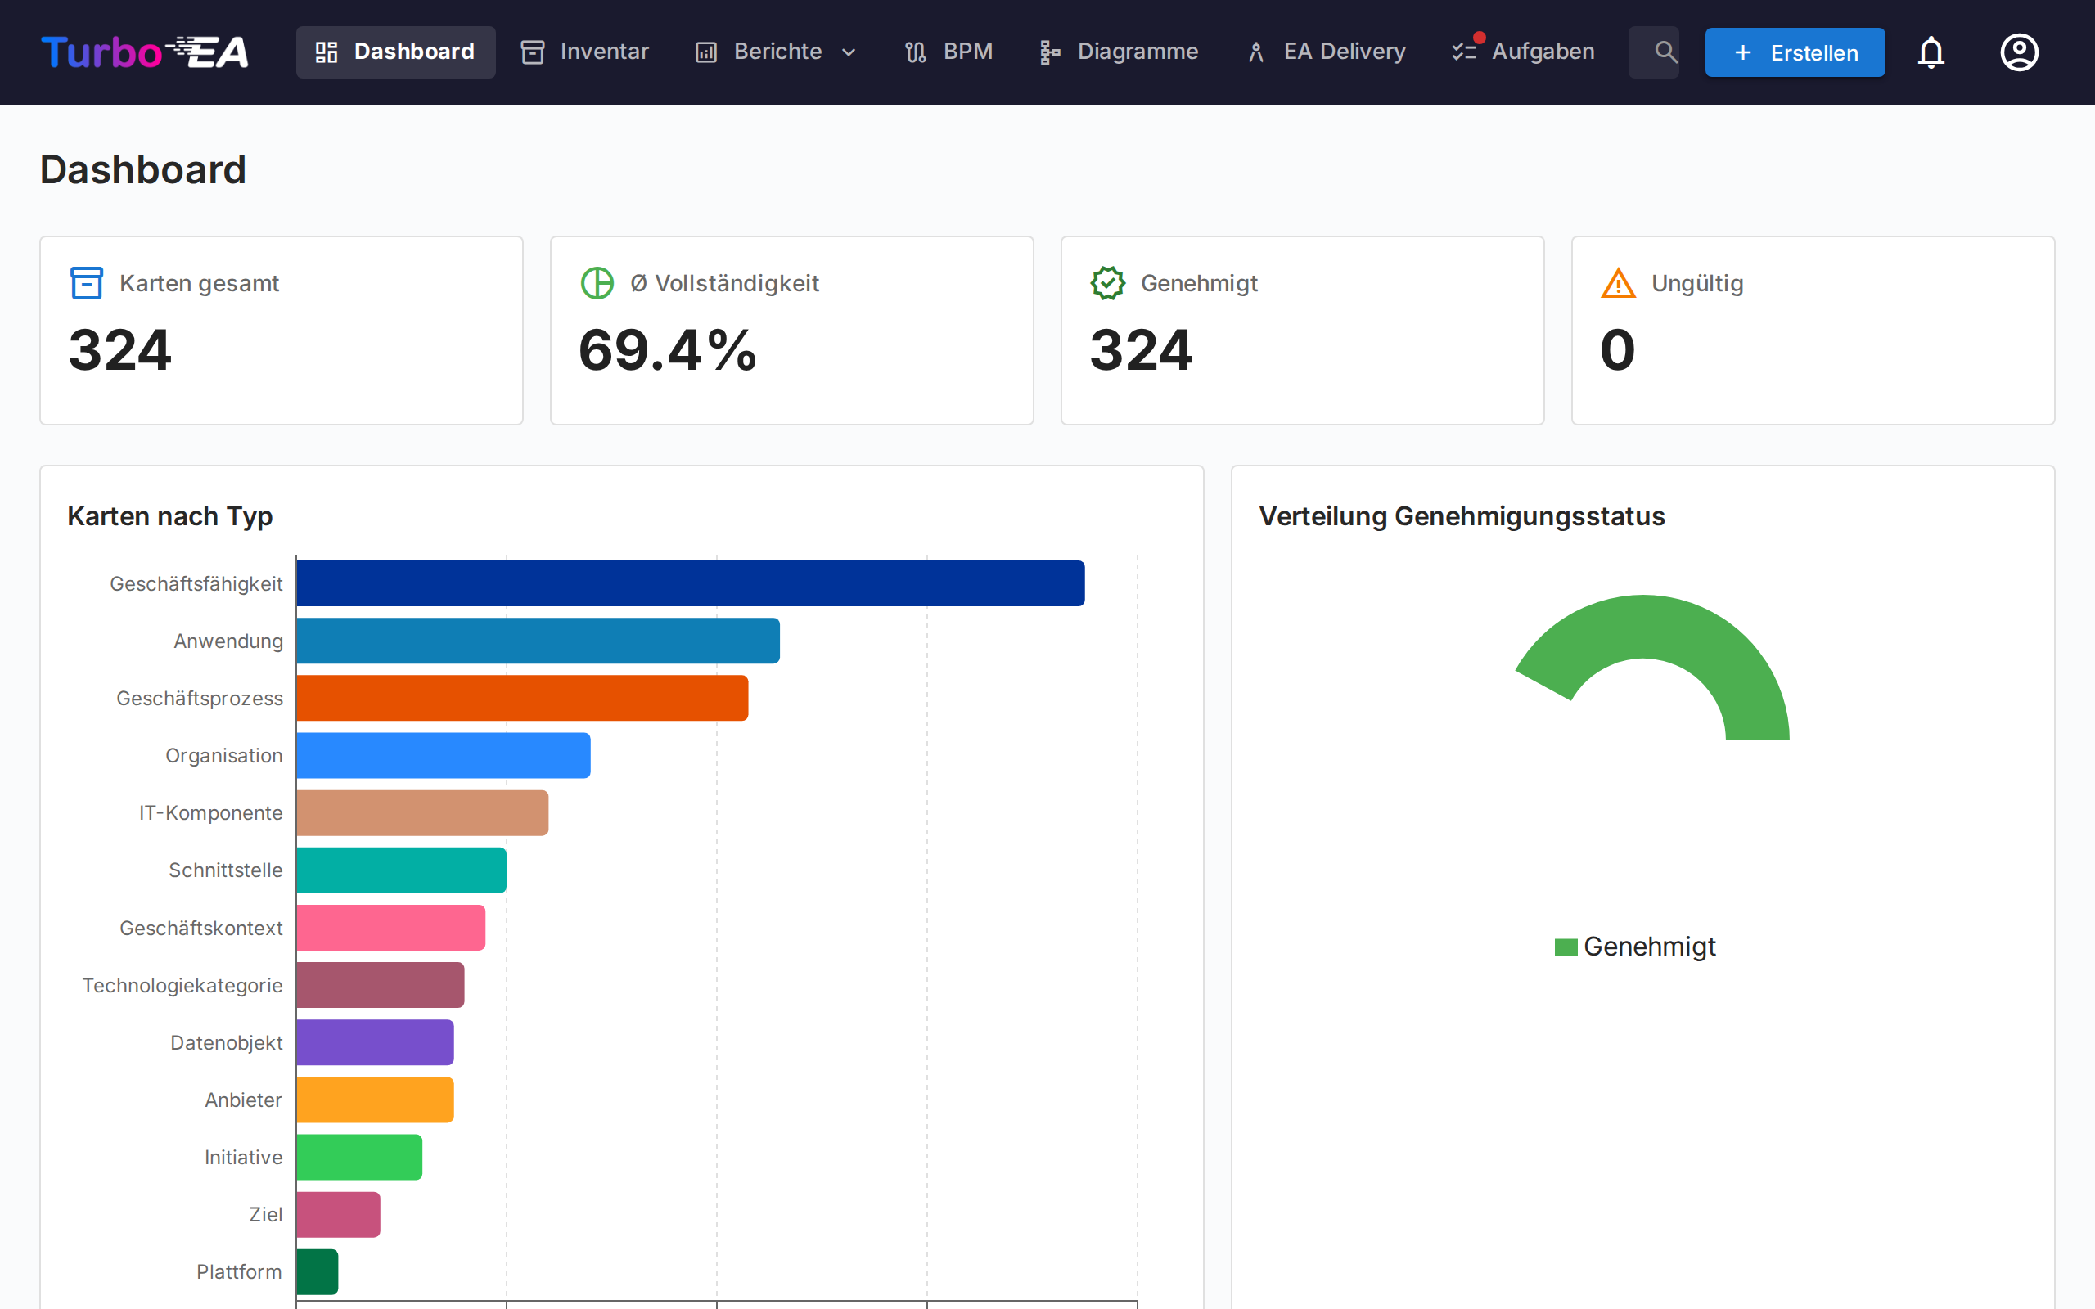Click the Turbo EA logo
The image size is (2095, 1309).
click(145, 52)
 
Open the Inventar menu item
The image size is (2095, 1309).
click(584, 52)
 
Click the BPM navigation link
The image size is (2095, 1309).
click(948, 52)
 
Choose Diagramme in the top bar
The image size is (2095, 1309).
click(1119, 52)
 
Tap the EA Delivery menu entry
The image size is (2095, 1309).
click(1327, 52)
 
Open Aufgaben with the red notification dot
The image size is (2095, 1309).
click(1524, 52)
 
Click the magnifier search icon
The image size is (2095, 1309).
click(1664, 52)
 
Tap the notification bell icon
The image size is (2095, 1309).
click(1931, 52)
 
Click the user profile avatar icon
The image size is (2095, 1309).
click(2019, 52)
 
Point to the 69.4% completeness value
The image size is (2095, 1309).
click(668, 351)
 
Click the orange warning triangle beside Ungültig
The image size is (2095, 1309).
click(1617, 283)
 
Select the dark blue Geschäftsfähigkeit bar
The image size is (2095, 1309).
click(690, 583)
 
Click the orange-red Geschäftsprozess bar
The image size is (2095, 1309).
click(522, 698)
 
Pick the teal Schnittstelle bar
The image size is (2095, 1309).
click(401, 870)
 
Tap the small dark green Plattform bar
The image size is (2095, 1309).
click(317, 1271)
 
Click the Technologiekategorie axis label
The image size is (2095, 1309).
click(182, 985)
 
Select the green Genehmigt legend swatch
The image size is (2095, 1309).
click(1566, 947)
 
